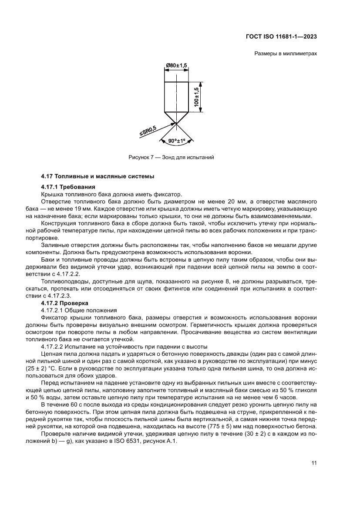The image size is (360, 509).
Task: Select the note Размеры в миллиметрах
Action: pyautogui.click(x=285, y=54)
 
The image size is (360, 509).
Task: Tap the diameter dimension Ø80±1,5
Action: pyautogui.click(x=176, y=65)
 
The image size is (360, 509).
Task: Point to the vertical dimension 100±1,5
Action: pyautogui.click(x=197, y=97)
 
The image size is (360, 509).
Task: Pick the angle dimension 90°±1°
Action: pyautogui.click(x=176, y=141)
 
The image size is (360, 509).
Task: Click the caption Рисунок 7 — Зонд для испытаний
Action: pyautogui.click(x=171, y=157)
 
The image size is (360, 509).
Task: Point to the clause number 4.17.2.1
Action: pyautogui.click(x=53, y=310)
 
